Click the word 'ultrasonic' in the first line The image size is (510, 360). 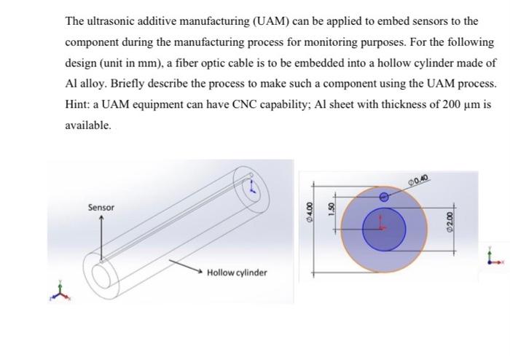[111, 21]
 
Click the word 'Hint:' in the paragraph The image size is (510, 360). [78, 103]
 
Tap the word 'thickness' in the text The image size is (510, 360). [397, 103]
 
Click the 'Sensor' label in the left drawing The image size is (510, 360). [101, 208]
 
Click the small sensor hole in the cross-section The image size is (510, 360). [385, 196]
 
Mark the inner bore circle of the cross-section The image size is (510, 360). [385, 227]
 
